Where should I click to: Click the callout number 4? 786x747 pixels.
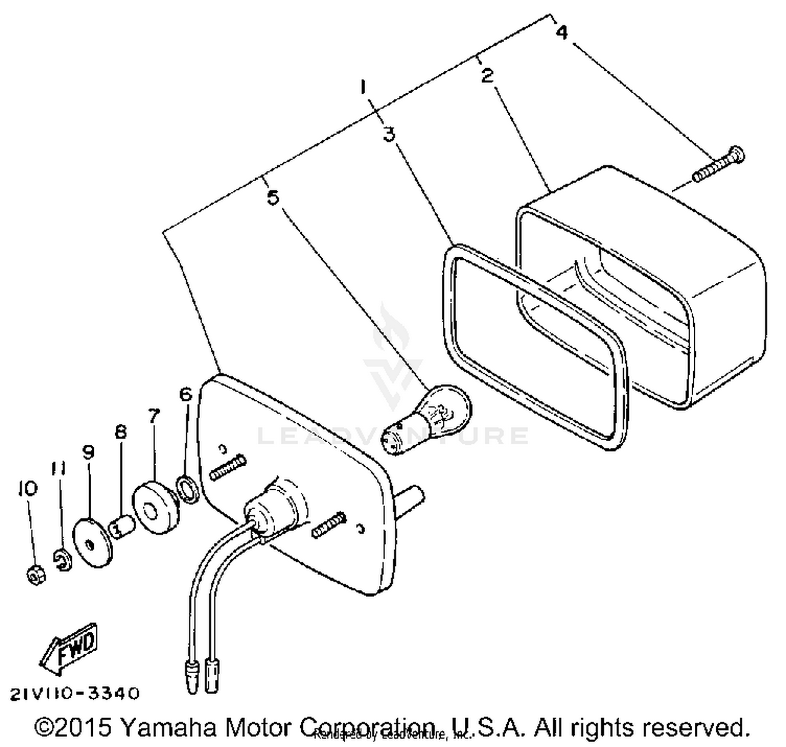561,32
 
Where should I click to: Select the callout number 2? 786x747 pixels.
487,75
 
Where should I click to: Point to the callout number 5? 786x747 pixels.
273,197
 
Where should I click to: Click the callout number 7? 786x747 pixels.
153,416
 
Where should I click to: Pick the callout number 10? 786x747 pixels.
27,488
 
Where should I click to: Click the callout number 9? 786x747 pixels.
88,452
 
